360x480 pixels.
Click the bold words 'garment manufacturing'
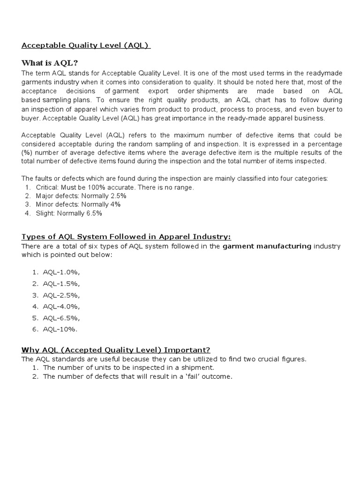point(267,246)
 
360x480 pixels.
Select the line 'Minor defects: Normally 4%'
point(78,204)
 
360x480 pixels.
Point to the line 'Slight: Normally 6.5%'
point(69,213)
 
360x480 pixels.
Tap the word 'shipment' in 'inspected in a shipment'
point(199,367)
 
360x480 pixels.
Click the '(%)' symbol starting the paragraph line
point(27,152)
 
